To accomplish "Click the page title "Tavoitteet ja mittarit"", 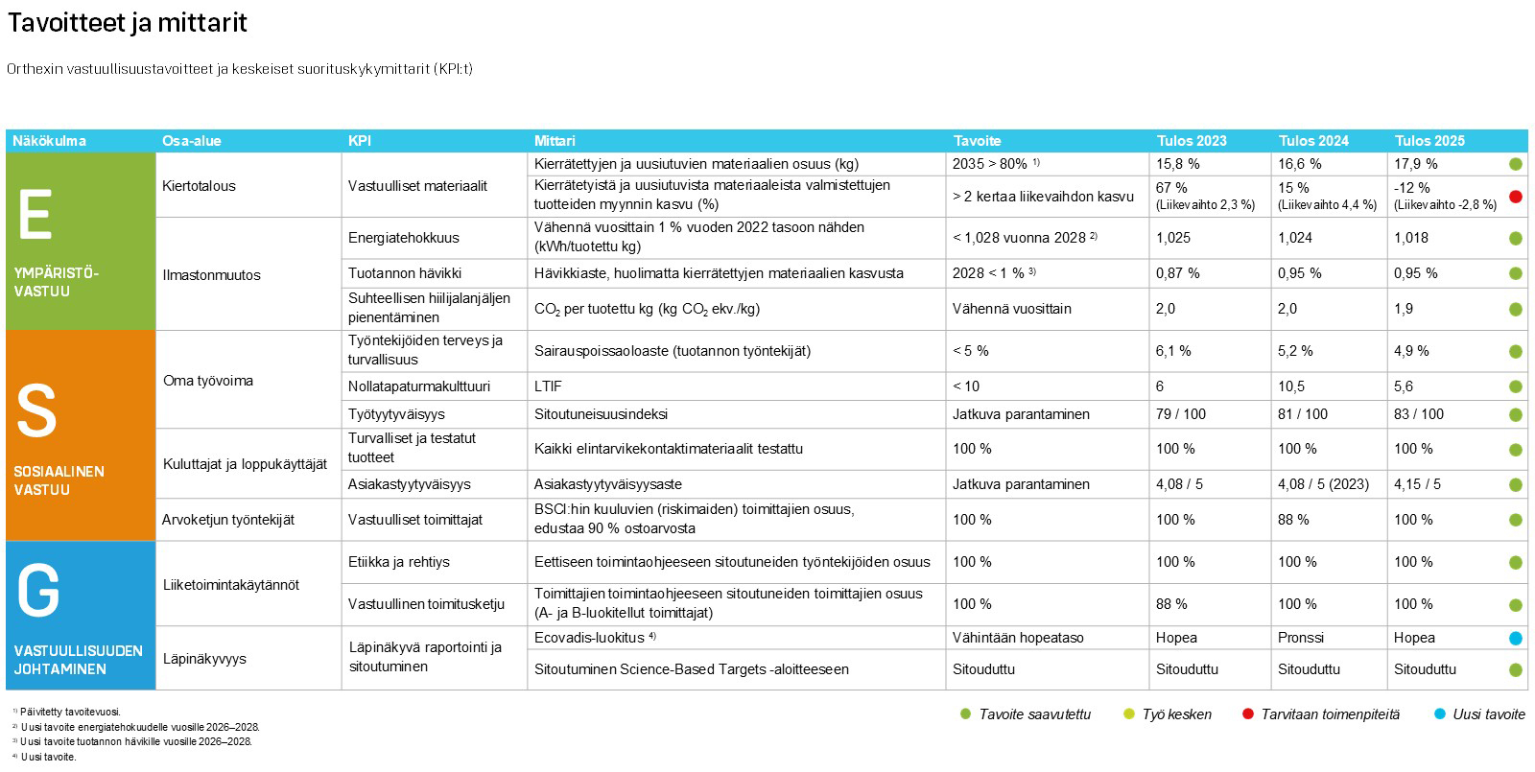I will tap(128, 23).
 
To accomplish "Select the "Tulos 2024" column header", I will tap(1313, 141).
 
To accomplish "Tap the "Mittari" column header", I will tap(555, 141).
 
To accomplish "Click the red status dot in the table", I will tap(1516, 197).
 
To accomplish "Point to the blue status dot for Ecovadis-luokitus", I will tap(1516, 639).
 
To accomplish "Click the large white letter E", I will tap(35, 216).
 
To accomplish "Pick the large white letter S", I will tap(36, 411).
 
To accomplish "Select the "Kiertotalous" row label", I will tap(199, 186).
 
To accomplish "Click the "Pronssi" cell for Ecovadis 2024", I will tap(1301, 638).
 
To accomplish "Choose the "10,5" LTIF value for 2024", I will tap(1291, 386).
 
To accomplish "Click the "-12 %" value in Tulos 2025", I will tap(1412, 188).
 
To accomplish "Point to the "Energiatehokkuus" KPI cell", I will tap(403, 238).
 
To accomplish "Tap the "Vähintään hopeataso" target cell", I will tap(1018, 638).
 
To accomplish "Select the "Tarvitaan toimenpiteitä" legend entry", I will tap(1330, 714).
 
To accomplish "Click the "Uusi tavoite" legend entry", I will tap(1488, 714).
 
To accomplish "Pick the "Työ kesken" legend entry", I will tap(1176, 714).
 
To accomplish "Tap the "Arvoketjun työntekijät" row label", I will tap(228, 520).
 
